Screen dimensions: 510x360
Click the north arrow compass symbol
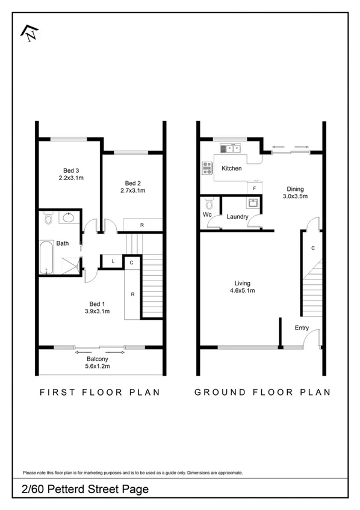[x=28, y=33]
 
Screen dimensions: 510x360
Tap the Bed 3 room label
[x=70, y=170]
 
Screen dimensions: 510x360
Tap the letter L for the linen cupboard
[x=113, y=261]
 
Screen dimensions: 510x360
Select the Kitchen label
[x=231, y=169]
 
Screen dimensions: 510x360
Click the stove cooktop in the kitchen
[x=208, y=168]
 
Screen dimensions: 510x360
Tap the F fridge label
[x=254, y=188]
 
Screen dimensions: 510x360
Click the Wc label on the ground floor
[x=207, y=214]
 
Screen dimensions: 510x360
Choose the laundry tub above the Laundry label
[x=254, y=203]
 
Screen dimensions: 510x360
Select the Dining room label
[x=296, y=188]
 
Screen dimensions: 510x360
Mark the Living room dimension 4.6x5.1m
[x=243, y=291]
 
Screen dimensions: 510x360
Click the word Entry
[x=302, y=328]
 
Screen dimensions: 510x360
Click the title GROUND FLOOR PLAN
[x=262, y=392]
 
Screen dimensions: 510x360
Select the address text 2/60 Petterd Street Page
[x=85, y=490]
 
